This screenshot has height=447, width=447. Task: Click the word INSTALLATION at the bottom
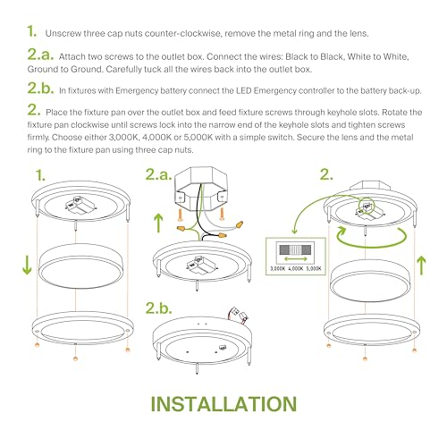tap(223, 403)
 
